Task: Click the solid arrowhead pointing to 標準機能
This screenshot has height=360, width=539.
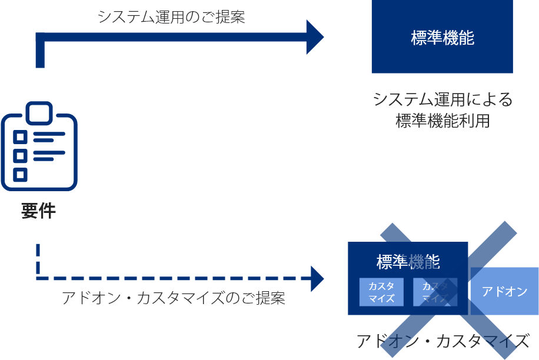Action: pos(315,37)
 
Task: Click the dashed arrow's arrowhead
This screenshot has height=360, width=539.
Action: pos(317,278)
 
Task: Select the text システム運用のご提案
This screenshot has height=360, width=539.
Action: pos(171,17)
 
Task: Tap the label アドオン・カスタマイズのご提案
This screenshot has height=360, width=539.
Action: pos(173,298)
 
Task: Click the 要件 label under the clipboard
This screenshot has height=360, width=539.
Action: pos(39,211)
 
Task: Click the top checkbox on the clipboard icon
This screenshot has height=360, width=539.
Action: pos(21,138)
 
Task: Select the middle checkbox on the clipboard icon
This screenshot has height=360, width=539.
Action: pos(21,156)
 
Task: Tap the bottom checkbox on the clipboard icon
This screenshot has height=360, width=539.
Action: pos(21,174)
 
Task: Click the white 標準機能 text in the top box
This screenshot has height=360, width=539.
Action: pos(442,38)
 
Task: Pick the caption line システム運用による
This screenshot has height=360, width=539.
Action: pos(442,99)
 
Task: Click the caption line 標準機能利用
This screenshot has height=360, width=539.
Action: pos(442,121)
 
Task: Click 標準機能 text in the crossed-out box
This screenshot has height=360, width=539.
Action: pos(408,261)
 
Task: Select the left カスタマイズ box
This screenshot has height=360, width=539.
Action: pos(381,292)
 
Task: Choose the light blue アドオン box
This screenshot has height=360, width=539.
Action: pos(505,291)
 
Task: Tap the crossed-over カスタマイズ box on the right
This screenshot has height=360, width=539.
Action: pos(435,292)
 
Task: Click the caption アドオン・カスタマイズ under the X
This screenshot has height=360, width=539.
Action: pos(442,341)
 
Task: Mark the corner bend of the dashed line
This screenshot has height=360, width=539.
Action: pos(38,278)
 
